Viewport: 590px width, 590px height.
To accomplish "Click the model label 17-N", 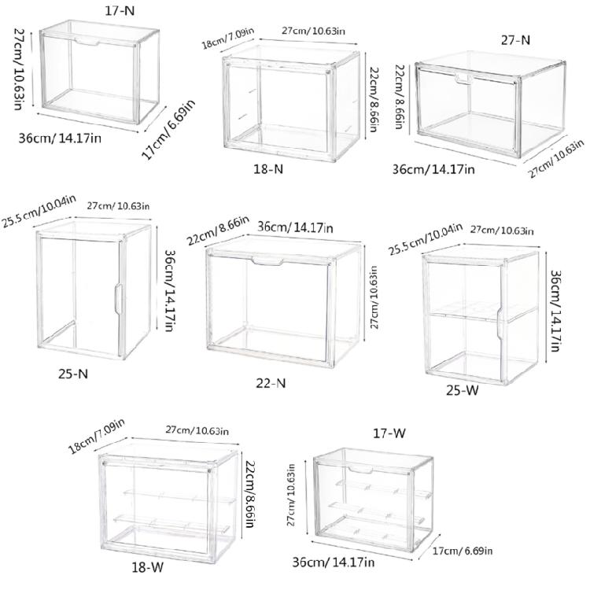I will point(120,10).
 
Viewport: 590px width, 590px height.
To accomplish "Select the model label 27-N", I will point(515,39).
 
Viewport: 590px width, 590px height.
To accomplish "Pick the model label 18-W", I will point(148,566).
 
